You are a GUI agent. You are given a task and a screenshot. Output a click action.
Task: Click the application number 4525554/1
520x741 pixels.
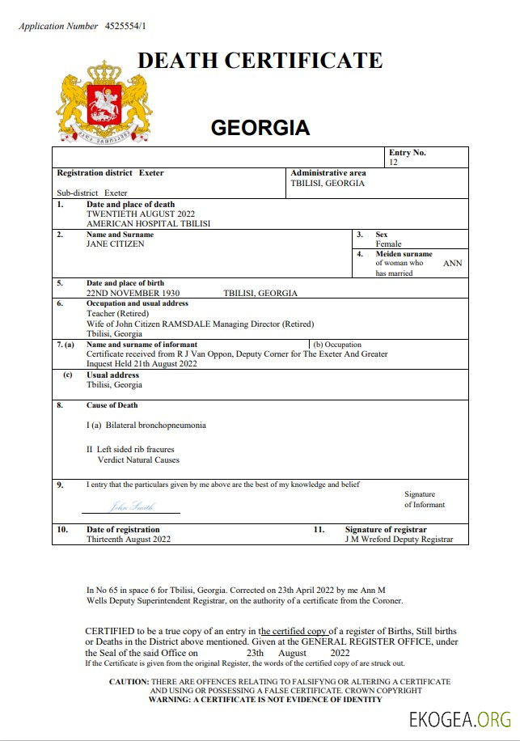click(125, 26)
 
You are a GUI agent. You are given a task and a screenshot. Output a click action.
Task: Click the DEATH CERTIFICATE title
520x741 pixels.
click(260, 60)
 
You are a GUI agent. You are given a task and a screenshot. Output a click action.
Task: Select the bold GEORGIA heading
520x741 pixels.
click(260, 128)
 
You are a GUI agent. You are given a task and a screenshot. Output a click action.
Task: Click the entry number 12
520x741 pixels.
click(393, 163)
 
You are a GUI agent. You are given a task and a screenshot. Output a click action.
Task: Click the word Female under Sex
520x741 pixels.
click(388, 243)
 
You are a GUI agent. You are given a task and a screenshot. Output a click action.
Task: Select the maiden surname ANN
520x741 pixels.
click(453, 263)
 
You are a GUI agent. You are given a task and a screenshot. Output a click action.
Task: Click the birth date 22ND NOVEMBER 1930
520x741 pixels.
click(133, 293)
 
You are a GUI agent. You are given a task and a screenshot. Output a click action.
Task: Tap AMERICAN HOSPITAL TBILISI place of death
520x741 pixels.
click(148, 224)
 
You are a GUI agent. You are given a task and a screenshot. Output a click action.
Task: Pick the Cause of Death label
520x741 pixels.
click(112, 405)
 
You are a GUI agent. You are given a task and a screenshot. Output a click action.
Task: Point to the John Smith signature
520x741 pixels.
click(131, 506)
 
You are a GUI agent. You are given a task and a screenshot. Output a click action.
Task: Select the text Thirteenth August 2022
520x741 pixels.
click(129, 539)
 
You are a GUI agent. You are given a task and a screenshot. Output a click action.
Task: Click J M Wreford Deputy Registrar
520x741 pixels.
click(400, 539)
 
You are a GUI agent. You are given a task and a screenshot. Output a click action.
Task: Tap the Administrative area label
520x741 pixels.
click(328, 173)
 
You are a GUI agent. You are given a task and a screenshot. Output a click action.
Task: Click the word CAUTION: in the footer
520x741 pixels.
click(129, 682)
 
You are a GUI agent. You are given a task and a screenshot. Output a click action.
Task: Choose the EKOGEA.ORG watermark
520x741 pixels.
click(460, 718)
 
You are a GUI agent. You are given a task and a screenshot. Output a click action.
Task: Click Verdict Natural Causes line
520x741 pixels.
click(138, 459)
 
